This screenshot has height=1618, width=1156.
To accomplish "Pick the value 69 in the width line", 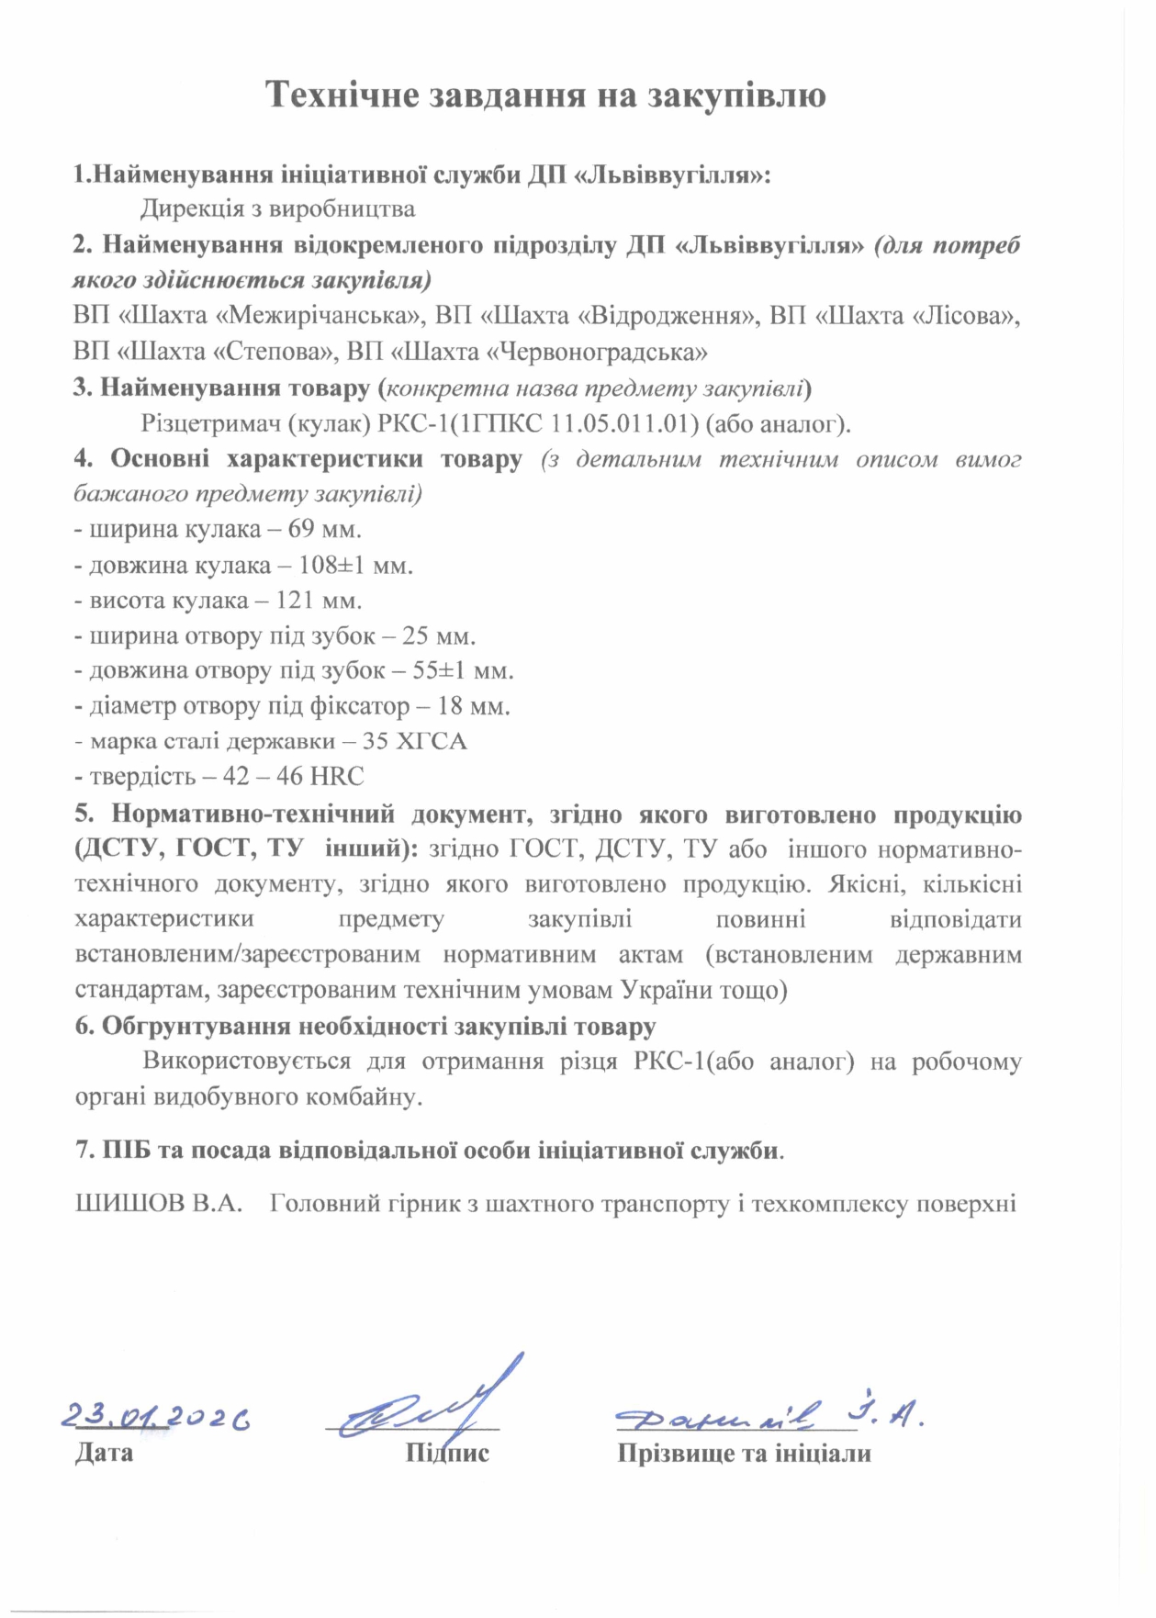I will coord(301,530).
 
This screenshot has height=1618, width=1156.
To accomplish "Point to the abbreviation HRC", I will coord(337,777).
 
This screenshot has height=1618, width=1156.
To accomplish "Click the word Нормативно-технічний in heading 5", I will coord(253,815).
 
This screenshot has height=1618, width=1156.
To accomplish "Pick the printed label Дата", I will coord(104,1454).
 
